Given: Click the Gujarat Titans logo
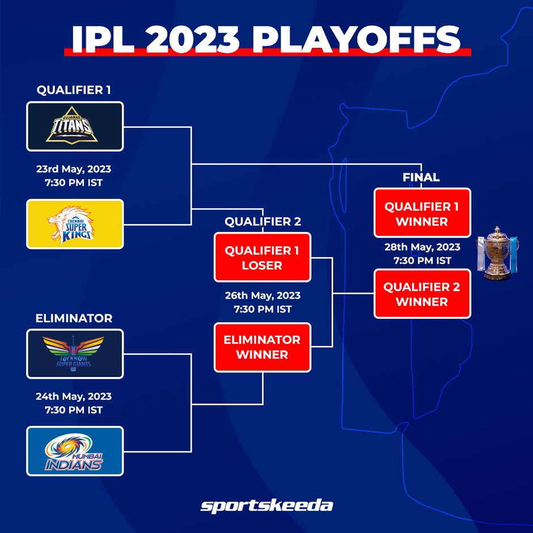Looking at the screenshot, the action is (71, 125).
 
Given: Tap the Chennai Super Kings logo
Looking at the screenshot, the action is (71, 225).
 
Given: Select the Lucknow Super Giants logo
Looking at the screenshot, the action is (73, 353).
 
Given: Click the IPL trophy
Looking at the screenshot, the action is (497, 253).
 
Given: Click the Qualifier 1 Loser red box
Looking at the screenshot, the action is (263, 257).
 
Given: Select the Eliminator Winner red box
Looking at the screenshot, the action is (263, 347).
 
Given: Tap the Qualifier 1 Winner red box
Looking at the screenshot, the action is (422, 213).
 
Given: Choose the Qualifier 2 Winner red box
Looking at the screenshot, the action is (422, 294).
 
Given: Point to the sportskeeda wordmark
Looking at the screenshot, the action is (266, 506).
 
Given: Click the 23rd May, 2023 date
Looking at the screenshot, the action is (74, 169).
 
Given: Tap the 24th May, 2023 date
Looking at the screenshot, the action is (74, 396).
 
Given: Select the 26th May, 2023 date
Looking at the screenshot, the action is (263, 295).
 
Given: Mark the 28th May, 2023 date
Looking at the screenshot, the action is (422, 247).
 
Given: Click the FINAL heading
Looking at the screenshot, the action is (421, 177).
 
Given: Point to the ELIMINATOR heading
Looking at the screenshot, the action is (74, 318).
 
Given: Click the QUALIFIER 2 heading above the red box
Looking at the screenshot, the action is (263, 222).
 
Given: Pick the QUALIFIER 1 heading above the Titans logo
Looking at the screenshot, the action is (74, 90).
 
